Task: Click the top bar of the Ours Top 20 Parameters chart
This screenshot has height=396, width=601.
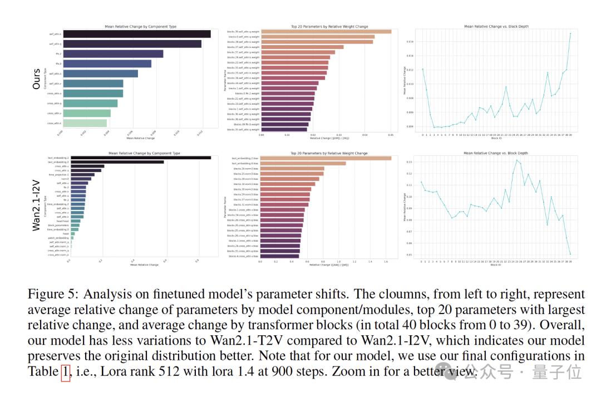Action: (326, 32)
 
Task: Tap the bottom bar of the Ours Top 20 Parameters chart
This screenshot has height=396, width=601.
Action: (284, 129)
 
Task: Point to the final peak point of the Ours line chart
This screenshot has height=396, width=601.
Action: (570, 33)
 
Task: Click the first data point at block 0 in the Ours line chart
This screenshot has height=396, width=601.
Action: (422, 69)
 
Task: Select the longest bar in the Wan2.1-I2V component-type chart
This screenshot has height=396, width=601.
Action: (140, 158)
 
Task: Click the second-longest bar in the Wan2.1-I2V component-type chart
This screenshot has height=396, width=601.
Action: (116, 162)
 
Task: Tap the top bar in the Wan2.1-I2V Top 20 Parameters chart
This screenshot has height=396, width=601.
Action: (326, 158)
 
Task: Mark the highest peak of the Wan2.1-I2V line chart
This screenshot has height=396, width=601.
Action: (517, 160)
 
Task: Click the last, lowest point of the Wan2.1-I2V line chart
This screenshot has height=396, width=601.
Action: (570, 254)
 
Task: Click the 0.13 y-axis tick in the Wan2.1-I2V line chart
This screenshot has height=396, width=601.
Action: (410, 162)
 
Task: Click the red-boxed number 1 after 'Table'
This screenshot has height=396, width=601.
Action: (65, 371)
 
